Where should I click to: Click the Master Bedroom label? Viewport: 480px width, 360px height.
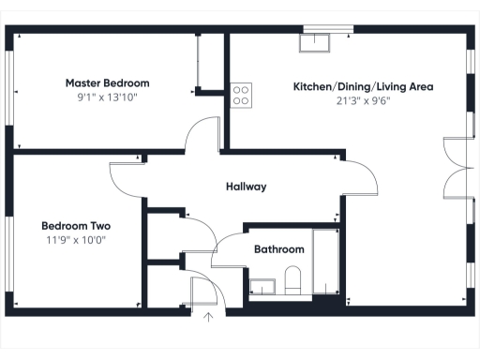(107, 82)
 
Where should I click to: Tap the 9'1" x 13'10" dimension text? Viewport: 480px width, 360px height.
(107, 97)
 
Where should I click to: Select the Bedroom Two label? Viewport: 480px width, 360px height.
(76, 225)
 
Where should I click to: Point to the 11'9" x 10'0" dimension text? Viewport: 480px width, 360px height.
(76, 239)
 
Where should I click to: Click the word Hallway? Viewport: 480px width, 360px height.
(247, 187)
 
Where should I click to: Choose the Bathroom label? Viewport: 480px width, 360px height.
(279, 249)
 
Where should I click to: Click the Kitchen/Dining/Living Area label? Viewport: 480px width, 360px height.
(363, 86)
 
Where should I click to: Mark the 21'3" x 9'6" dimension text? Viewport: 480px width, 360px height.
(363, 100)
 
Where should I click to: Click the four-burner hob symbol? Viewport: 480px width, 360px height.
(241, 94)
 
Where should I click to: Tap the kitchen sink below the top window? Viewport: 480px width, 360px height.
(314, 41)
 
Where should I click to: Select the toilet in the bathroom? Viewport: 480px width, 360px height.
(292, 279)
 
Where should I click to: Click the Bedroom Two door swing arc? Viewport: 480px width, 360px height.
(126, 172)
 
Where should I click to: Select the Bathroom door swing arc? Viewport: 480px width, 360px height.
(227, 250)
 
